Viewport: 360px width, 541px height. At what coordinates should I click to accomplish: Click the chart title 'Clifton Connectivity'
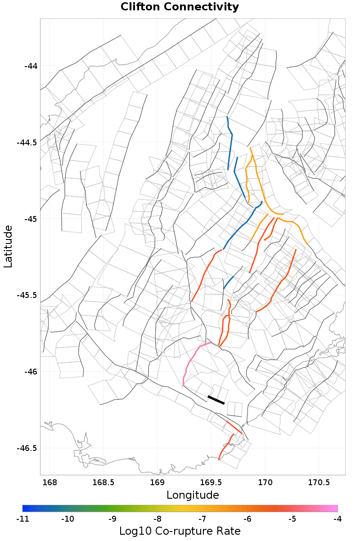point(180,7)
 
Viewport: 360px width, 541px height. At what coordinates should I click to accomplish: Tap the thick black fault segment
point(216,400)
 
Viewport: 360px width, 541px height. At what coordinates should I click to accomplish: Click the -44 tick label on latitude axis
point(30,66)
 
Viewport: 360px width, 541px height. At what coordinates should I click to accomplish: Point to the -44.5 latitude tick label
point(27,143)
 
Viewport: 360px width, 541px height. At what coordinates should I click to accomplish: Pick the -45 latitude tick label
point(30,219)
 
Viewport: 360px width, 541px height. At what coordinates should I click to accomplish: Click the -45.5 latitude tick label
point(27,295)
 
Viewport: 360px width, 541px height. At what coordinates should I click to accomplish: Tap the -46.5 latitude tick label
point(27,448)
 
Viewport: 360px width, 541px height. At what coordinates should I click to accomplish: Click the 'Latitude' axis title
point(9,247)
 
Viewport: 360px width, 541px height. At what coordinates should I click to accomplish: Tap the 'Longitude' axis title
point(193,495)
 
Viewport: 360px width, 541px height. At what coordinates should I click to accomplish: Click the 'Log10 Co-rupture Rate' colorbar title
point(180,531)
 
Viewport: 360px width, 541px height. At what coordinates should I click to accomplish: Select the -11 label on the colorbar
point(22,518)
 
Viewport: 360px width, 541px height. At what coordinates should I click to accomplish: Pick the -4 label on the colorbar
point(337,518)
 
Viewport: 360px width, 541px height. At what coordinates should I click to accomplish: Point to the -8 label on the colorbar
point(157,518)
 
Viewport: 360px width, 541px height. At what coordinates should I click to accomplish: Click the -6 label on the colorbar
point(247,518)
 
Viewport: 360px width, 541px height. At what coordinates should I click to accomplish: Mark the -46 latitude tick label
point(30,372)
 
